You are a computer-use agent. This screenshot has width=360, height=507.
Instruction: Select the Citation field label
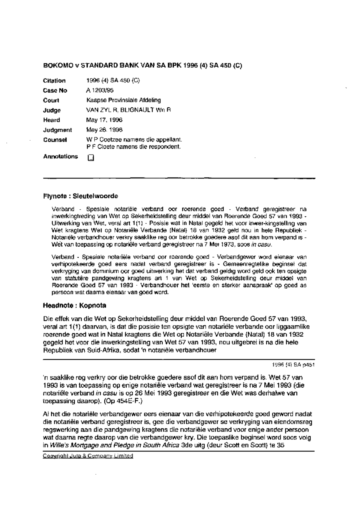click(x=54, y=81)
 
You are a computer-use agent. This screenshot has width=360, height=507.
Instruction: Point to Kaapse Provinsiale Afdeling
click(x=123, y=100)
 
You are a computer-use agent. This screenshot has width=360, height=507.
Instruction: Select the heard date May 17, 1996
click(x=104, y=120)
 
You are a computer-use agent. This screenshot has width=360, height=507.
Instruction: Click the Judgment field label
click(x=57, y=130)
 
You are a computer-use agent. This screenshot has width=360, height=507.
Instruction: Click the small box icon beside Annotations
click(x=91, y=158)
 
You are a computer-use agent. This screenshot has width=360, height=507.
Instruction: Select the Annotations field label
click(x=60, y=157)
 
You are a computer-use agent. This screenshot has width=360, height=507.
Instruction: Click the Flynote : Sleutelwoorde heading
click(x=80, y=196)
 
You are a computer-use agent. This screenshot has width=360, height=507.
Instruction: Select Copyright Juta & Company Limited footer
click(x=88, y=456)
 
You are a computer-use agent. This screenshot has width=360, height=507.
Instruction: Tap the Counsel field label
click(x=55, y=140)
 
